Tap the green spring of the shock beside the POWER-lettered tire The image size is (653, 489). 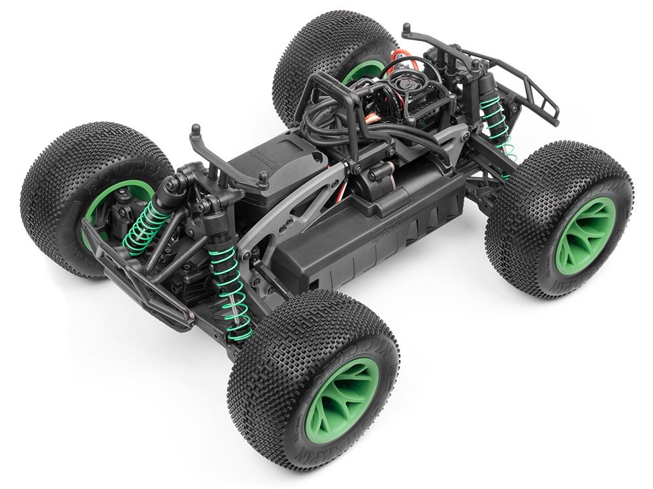click(143, 225)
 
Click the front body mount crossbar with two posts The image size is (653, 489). click(228, 159)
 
